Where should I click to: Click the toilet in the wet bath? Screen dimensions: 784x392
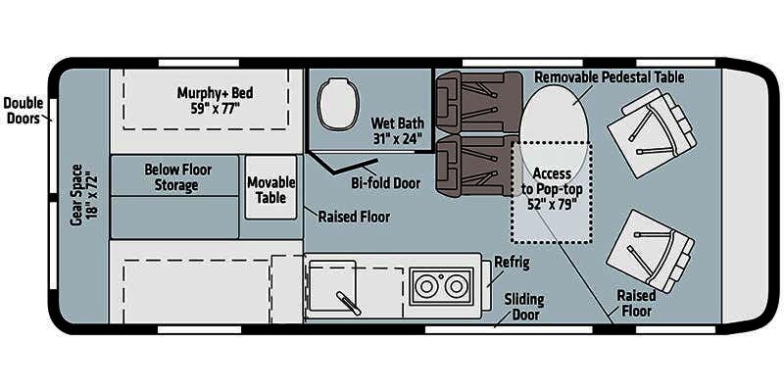(x=338, y=103)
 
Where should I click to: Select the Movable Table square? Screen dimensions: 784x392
(x=271, y=187)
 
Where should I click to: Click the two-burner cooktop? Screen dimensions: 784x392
(x=441, y=286)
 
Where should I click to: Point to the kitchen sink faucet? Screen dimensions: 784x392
(x=349, y=303)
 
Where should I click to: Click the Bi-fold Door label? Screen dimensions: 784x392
(x=385, y=183)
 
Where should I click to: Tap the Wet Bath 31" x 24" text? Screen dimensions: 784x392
(x=398, y=130)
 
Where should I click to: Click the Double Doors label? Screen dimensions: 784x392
(x=23, y=111)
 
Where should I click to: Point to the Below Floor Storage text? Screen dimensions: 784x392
(x=177, y=177)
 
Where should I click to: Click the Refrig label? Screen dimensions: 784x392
(x=512, y=263)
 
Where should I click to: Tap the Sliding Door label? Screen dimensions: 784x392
(x=523, y=307)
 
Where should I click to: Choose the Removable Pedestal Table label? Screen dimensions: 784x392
(x=609, y=77)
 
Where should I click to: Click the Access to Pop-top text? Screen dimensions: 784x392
(x=552, y=181)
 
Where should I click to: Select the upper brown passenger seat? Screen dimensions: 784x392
(x=479, y=102)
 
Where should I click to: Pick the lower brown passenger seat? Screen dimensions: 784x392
(x=477, y=165)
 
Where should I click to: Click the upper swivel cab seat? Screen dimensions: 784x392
(x=652, y=133)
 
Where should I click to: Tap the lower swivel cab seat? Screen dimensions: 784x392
(x=650, y=251)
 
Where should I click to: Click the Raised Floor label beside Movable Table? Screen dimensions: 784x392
(x=354, y=217)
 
